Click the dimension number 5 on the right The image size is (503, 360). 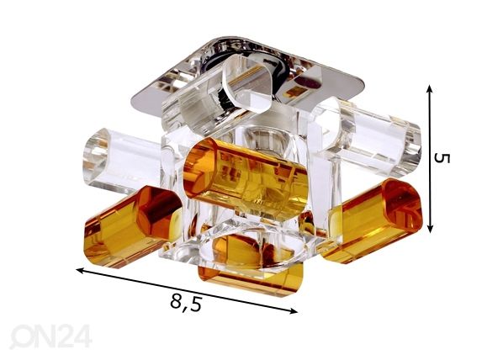[x=442, y=158]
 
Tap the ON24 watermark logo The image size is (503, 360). [x=50, y=336]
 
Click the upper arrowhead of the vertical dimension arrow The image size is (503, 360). [x=430, y=89]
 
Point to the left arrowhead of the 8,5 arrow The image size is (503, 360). [x=80, y=271]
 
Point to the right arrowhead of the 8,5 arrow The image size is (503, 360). [x=294, y=310]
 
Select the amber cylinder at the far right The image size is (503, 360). [x=372, y=221]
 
